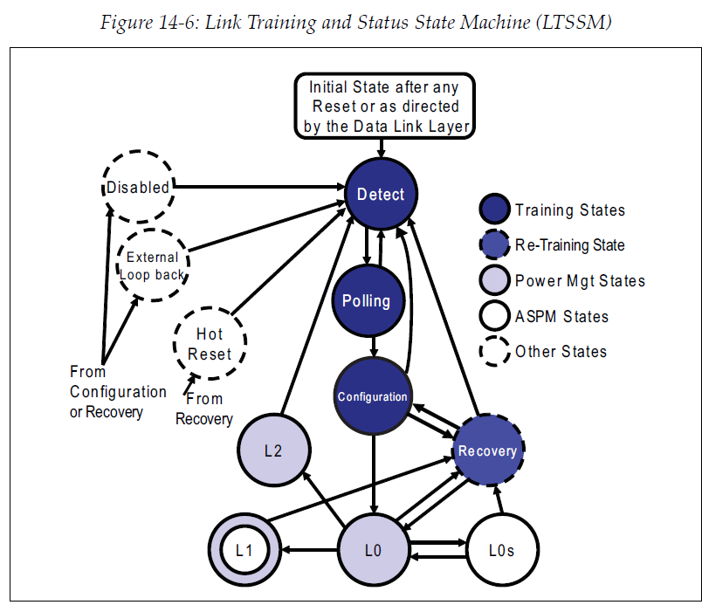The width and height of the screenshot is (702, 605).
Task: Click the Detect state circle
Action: tap(381, 194)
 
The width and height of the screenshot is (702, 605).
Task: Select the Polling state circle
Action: tap(367, 300)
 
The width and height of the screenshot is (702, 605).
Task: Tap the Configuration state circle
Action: tap(373, 396)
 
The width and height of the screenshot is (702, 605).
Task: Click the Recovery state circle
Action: tap(488, 450)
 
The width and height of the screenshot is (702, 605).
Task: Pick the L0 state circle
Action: tap(374, 550)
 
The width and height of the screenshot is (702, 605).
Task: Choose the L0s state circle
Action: tap(500, 550)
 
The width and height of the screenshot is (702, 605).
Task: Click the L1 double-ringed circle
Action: tap(245, 550)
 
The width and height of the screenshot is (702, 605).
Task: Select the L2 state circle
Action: tap(273, 450)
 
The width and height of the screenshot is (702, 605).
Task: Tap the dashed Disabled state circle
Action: tap(138, 186)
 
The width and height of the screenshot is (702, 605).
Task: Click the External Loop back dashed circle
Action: tap(153, 265)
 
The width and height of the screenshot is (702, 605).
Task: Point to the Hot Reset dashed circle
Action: tap(210, 344)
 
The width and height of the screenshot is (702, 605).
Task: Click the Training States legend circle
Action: tap(494, 210)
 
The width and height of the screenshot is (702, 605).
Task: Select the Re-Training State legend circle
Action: tap(494, 246)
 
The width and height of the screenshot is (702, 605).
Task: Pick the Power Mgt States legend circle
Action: tap(494, 281)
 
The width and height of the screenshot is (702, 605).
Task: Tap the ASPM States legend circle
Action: tap(494, 317)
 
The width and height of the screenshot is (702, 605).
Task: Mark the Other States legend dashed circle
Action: tap(494, 352)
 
